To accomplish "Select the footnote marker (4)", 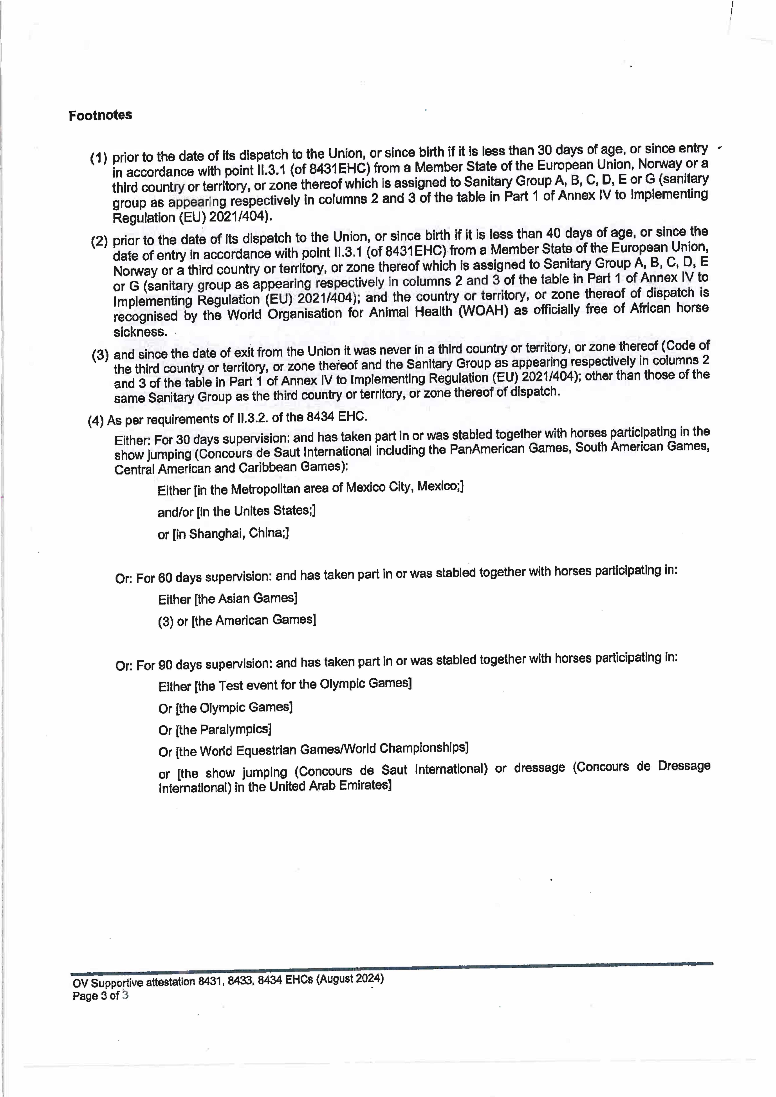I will [96, 421].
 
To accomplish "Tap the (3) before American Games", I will [165, 622].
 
